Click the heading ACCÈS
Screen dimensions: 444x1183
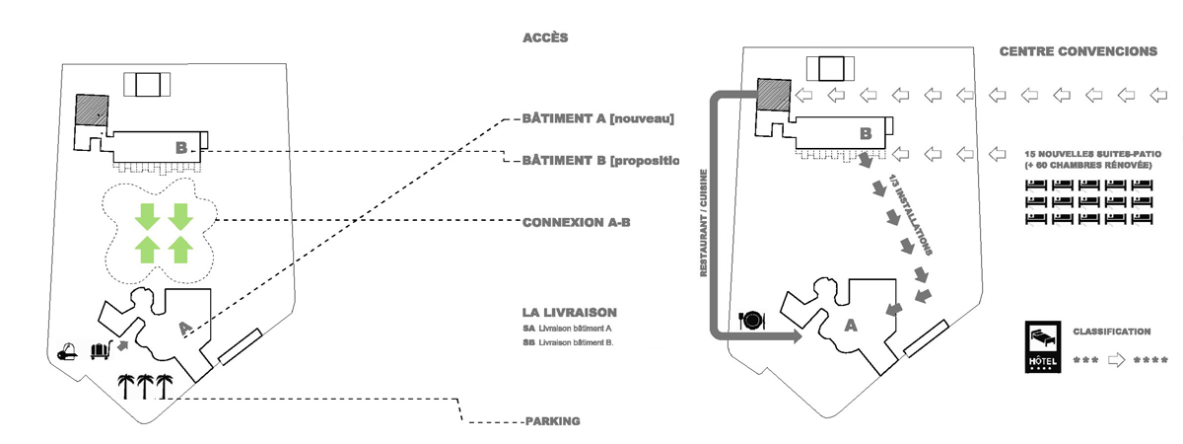pyautogui.click(x=545, y=38)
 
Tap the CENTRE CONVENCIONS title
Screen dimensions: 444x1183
pyautogui.click(x=1078, y=51)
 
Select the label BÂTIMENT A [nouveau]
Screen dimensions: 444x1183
pyautogui.click(x=598, y=118)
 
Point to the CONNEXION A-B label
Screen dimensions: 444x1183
pyautogui.click(x=576, y=223)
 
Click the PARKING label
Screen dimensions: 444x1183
pyautogui.click(x=551, y=421)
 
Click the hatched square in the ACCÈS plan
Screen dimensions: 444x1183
pyautogui.click(x=92, y=109)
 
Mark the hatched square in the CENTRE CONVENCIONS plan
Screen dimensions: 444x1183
pyautogui.click(x=772, y=95)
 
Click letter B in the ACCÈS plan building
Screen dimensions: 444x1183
pyautogui.click(x=181, y=148)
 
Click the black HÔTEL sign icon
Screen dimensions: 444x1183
pyautogui.click(x=1044, y=348)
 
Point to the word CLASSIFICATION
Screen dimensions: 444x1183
pyautogui.click(x=1111, y=333)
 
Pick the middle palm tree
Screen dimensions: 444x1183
pyautogui.click(x=144, y=386)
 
